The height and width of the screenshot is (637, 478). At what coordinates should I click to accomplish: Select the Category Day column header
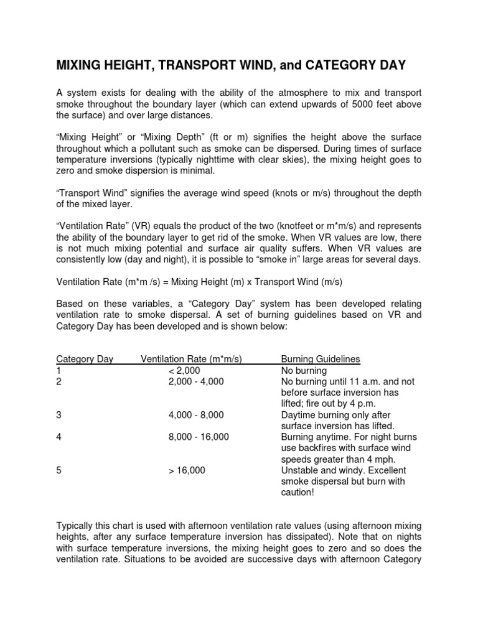pyautogui.click(x=85, y=359)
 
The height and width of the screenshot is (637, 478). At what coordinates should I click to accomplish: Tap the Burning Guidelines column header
pyautogui.click(x=321, y=359)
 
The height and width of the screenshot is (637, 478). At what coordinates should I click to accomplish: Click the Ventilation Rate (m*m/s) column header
pyautogui.click(x=191, y=359)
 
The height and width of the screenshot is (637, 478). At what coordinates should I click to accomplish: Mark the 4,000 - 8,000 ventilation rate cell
pyautogui.click(x=195, y=415)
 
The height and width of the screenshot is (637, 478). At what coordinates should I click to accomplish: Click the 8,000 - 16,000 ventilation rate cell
pyautogui.click(x=198, y=437)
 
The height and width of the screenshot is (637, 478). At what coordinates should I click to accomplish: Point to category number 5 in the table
pyautogui.click(x=59, y=471)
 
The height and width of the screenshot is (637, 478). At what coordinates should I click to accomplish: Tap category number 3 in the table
pyautogui.click(x=59, y=415)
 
